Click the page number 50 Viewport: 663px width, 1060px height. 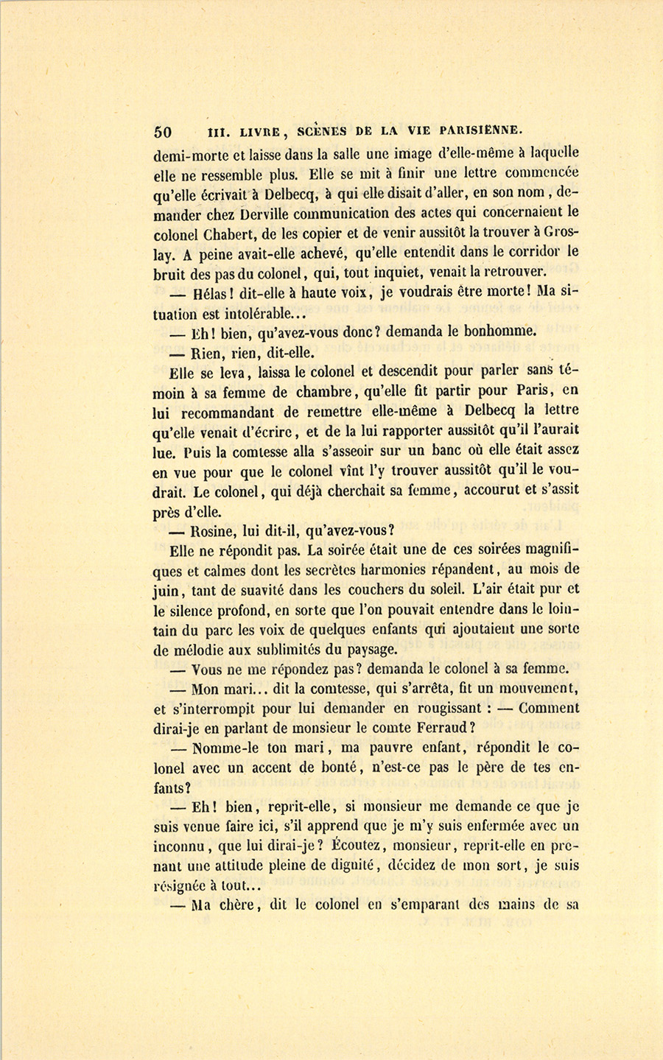click(x=163, y=133)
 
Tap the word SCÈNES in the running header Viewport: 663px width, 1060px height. click(x=325, y=132)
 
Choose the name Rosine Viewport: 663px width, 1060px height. click(x=214, y=530)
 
